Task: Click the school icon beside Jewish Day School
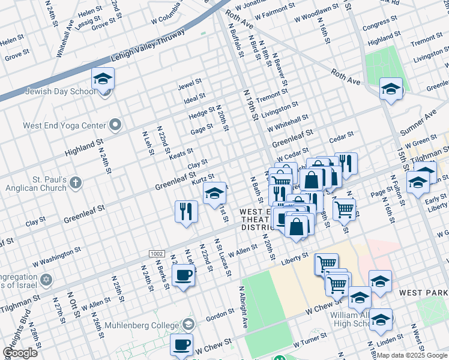103,79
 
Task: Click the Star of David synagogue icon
46,280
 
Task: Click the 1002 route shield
157,254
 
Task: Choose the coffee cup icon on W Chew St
182,345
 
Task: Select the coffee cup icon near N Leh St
184,275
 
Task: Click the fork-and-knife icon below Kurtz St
186,211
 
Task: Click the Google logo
20,353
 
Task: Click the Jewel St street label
188,86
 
